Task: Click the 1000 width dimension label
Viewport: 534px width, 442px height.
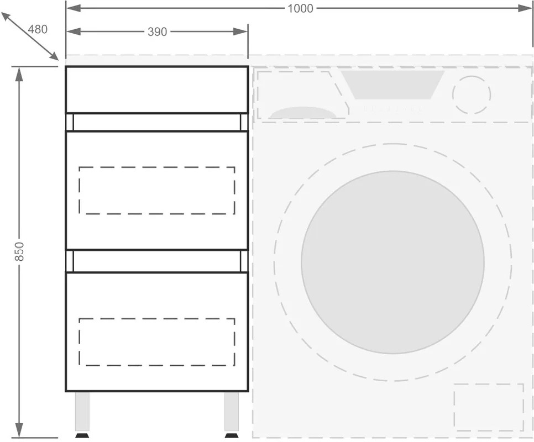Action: tap(300, 8)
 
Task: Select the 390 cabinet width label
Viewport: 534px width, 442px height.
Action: tap(158, 32)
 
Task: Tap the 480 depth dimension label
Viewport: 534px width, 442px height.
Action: tap(38, 30)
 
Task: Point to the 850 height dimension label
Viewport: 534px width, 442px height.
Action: tap(19, 251)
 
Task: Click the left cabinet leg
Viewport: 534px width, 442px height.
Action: tap(82, 412)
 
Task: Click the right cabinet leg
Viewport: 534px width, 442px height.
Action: tap(232, 412)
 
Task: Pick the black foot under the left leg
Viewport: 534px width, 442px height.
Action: tap(82, 435)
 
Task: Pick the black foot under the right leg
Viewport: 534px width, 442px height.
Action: tap(232, 435)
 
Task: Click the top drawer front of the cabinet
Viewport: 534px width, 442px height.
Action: tap(157, 90)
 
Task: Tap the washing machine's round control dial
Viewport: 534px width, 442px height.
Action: tap(472, 76)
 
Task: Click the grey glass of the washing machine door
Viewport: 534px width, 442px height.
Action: tap(392, 262)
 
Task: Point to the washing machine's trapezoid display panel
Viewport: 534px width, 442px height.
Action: tap(392, 85)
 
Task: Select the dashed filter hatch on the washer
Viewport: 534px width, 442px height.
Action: tap(489, 384)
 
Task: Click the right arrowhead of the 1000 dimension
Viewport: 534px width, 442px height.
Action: tap(526, 8)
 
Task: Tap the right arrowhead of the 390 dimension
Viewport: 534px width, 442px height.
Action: tap(240, 32)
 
